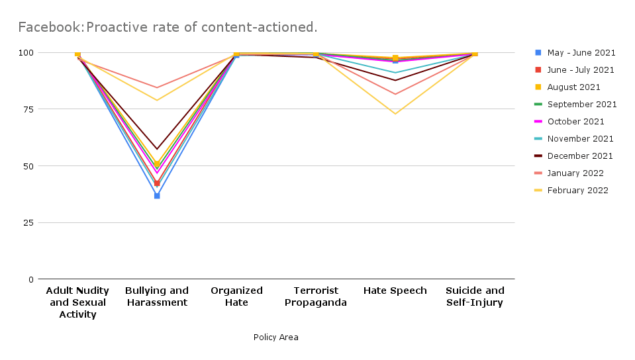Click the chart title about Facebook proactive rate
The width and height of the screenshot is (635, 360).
click(168, 27)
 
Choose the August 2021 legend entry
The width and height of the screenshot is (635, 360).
click(573, 87)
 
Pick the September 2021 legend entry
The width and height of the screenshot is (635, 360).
click(582, 105)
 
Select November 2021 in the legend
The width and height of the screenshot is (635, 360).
click(580, 139)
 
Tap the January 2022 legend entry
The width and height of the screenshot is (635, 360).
click(575, 173)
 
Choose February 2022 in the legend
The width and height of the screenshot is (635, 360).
click(577, 191)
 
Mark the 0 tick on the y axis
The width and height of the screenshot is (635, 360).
click(30, 279)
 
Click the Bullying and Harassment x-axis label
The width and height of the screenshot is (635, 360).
click(157, 296)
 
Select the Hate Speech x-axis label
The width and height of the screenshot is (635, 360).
click(395, 291)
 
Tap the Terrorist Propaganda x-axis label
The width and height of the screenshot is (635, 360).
click(316, 296)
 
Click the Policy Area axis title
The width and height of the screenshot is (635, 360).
click(275, 337)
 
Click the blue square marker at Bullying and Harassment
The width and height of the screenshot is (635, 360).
click(157, 196)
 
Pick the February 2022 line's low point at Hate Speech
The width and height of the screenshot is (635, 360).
click(395, 114)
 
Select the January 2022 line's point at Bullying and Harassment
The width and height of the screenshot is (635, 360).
click(157, 87)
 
